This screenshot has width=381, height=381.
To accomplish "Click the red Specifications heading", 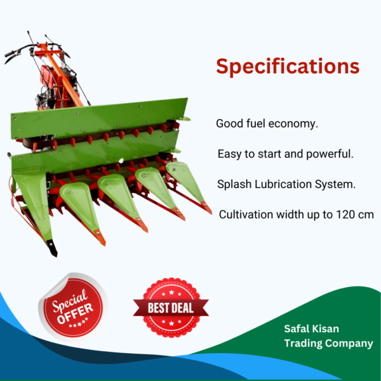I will (x=288, y=66).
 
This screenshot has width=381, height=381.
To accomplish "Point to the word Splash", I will (x=233, y=184).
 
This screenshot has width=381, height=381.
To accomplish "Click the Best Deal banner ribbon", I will (x=171, y=309).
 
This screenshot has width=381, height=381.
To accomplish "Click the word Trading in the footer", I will (x=305, y=344).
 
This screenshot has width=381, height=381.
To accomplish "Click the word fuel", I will (x=256, y=123).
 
